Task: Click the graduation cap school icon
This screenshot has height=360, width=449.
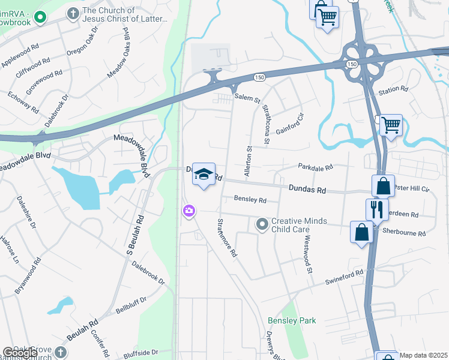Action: coord(203,175)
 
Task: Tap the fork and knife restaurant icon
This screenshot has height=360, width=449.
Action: coord(376,209)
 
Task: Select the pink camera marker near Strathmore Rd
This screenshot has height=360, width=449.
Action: coord(189,210)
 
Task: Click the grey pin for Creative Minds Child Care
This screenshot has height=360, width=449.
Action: coord(262,224)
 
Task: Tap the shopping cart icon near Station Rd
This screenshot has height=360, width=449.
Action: coord(391,125)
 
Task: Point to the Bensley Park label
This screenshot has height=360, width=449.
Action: coord(292,321)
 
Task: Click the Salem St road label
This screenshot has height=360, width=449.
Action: coord(247,97)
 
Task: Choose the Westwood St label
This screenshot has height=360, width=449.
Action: coord(308,254)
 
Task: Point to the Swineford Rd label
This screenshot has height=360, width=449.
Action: coord(344,277)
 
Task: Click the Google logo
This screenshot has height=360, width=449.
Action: coord(20,353)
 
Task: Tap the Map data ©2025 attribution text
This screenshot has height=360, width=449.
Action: coord(423,355)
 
